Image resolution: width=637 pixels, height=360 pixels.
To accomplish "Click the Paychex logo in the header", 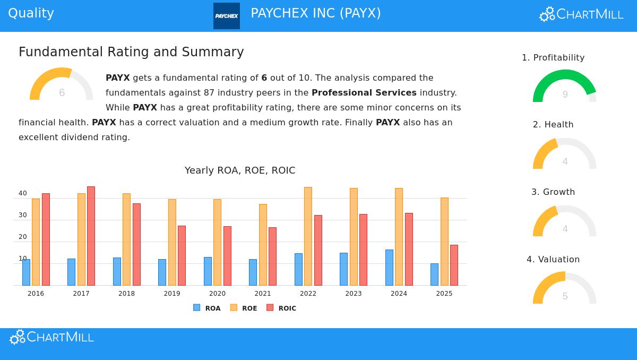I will tap(227, 16).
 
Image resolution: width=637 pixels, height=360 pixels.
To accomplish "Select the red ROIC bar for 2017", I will tap(91, 236).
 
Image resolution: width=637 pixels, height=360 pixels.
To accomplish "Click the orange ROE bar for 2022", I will tap(308, 236).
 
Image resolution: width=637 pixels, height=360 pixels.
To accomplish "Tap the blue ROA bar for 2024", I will tap(389, 268).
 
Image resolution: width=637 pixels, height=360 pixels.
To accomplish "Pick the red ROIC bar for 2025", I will tap(454, 265).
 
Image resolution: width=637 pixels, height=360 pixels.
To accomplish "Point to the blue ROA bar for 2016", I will tap(26, 272).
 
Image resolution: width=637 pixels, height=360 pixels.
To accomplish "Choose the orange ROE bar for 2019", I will tap(172, 242).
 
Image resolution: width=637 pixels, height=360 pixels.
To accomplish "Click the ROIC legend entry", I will tap(282, 308).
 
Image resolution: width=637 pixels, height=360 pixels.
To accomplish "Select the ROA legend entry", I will tap(207, 308).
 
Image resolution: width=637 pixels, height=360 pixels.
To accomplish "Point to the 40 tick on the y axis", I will tap(22, 193).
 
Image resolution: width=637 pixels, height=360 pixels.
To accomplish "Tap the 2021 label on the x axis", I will tap(263, 294).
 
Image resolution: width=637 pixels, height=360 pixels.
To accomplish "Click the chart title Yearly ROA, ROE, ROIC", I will tap(240, 170).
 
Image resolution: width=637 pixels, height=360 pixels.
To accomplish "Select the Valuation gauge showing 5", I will tap(564, 289).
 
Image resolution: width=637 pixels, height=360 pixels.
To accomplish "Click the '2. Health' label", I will tap(553, 125).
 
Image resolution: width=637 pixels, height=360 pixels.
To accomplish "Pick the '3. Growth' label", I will tap(553, 192).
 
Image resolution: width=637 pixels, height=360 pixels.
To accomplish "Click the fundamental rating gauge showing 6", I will tap(61, 85).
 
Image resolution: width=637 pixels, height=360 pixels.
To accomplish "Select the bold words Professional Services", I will tap(364, 93).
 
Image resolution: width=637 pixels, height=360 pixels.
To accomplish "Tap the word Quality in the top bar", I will tap(31, 13).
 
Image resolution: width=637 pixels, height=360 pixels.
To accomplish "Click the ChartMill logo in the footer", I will tap(52, 337).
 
